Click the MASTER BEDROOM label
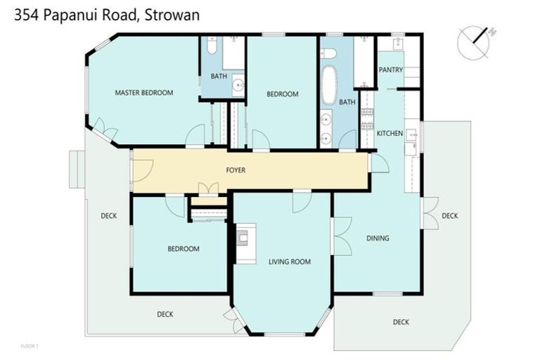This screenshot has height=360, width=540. tap(144, 92)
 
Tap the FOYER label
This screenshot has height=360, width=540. tap(236, 170)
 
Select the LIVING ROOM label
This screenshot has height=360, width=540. tap(290, 262)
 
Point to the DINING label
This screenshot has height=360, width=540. tap(378, 238)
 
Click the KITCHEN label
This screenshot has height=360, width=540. tap(389, 133)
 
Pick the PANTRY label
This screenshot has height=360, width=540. tap(390, 70)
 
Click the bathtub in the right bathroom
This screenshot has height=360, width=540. tap(328, 84)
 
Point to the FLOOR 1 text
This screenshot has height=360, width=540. tap(30, 346)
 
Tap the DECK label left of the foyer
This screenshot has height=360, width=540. tap(108, 216)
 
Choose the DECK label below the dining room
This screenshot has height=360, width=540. tap(401, 322)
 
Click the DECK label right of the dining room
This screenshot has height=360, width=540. tap(450, 216)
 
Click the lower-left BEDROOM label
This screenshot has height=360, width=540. tap(183, 248)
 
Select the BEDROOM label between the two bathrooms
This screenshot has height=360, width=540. tap(283, 94)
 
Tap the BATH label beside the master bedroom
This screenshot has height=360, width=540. tap(219, 76)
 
